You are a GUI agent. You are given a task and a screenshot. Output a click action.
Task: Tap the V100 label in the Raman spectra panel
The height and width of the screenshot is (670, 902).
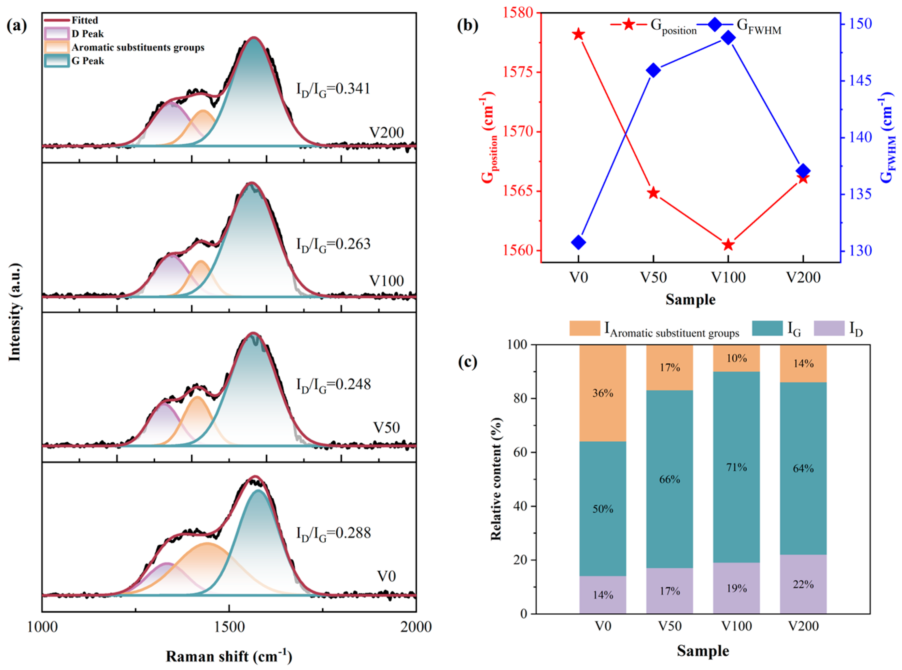tap(386, 281)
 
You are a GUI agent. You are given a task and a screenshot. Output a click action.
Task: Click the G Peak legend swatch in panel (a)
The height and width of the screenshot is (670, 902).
tap(56, 61)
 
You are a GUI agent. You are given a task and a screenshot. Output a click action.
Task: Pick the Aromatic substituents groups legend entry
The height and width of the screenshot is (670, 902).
tap(138, 48)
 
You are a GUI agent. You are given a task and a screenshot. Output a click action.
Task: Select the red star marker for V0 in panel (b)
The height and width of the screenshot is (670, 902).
tap(579, 35)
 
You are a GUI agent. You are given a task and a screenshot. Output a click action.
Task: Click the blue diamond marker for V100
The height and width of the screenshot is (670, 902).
tap(728, 38)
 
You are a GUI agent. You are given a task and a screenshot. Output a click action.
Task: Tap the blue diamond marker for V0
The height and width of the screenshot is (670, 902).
tap(579, 243)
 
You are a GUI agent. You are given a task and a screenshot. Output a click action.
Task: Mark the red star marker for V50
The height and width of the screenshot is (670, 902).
tap(653, 193)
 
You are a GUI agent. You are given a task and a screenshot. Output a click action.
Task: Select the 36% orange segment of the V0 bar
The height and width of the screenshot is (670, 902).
tap(602, 393)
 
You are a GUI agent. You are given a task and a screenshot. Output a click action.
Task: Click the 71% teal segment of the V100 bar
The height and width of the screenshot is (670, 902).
tap(736, 467)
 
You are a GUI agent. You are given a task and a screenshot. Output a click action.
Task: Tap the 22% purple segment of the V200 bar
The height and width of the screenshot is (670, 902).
tap(803, 584)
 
